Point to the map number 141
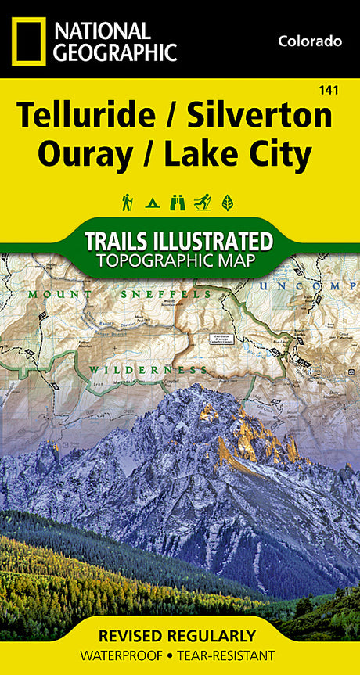[329, 92]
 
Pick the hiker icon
[127, 203]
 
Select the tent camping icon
[152, 203]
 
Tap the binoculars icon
[178, 203]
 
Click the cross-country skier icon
[203, 203]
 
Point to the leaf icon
[228, 203]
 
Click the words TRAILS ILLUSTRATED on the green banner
[179, 240]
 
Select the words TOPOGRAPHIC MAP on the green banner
[179, 260]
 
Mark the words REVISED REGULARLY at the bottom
[179, 636]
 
